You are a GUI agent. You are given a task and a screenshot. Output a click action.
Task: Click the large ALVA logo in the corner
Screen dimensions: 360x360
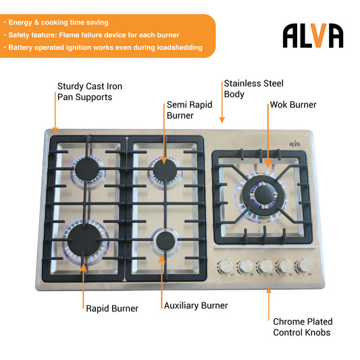pyautogui.click(x=313, y=35)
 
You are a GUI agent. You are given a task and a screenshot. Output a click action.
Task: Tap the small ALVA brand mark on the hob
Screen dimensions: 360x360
pyautogui.click(x=294, y=143)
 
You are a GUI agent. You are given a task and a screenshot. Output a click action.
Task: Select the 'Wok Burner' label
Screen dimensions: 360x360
pyautogui.click(x=293, y=105)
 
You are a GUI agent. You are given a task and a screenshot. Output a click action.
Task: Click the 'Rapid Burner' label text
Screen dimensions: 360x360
pyautogui.click(x=112, y=309)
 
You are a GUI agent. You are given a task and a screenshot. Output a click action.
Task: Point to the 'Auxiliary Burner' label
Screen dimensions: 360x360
pyautogui.click(x=196, y=305)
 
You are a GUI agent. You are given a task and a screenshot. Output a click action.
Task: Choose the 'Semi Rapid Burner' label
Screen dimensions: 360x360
pyautogui.click(x=189, y=110)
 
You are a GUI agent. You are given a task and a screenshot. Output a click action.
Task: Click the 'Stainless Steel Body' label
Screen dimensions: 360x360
pyautogui.click(x=254, y=89)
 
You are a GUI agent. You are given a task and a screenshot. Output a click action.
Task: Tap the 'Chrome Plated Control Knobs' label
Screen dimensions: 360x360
pyautogui.click(x=303, y=327)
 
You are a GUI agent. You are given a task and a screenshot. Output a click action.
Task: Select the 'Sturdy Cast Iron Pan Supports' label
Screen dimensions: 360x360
pyautogui.click(x=90, y=92)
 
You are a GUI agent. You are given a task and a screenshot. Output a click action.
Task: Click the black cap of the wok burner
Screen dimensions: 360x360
pyautogui.click(x=264, y=195)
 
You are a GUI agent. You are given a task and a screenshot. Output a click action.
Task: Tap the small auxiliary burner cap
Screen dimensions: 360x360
pyautogui.click(x=165, y=241)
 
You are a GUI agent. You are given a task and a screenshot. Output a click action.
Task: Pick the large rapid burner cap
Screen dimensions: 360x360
pyautogui.click(x=84, y=240)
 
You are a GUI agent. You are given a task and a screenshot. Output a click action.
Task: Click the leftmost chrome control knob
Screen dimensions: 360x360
pyautogui.click(x=226, y=267)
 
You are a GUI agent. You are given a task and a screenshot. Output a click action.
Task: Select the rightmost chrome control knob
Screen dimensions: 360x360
pyautogui.click(x=305, y=266)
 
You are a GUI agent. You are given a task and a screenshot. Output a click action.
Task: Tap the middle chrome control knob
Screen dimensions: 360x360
pyautogui.click(x=265, y=267)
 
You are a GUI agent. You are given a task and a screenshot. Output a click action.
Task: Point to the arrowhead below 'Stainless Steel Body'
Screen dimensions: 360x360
pyautogui.click(x=222, y=120)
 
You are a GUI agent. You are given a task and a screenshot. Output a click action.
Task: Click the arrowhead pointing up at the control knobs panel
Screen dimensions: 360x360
pyautogui.click(x=269, y=291)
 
